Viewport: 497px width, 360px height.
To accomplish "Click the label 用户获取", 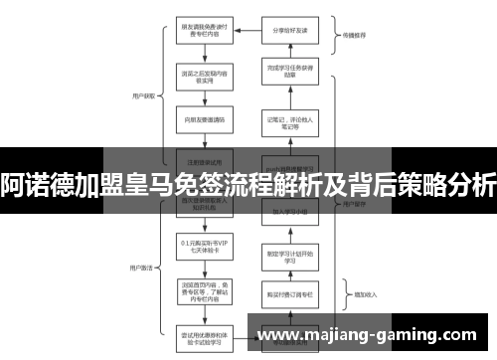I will [x=139, y=97].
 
